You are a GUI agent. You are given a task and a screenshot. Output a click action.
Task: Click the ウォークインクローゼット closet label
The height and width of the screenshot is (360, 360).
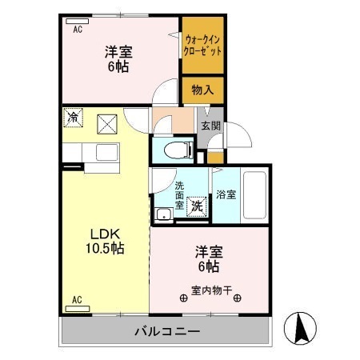(x=202, y=44)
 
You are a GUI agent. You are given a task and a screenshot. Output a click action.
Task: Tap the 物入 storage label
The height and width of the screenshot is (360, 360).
(x=202, y=90)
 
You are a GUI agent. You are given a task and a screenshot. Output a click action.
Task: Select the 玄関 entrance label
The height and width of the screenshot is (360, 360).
(x=210, y=126)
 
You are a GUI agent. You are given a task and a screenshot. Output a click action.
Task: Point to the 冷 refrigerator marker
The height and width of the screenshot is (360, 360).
(x=73, y=118)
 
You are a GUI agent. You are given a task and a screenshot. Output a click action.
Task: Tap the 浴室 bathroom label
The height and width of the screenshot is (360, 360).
(x=226, y=194)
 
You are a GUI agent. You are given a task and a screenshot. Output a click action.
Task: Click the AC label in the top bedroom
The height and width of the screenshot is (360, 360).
(x=78, y=30)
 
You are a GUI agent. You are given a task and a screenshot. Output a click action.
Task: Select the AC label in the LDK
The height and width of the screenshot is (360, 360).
(x=78, y=300)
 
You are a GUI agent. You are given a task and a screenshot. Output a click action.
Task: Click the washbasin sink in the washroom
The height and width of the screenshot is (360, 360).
(x=164, y=214)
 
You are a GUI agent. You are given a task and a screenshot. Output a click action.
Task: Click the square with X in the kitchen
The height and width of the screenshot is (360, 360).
(x=106, y=123)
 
